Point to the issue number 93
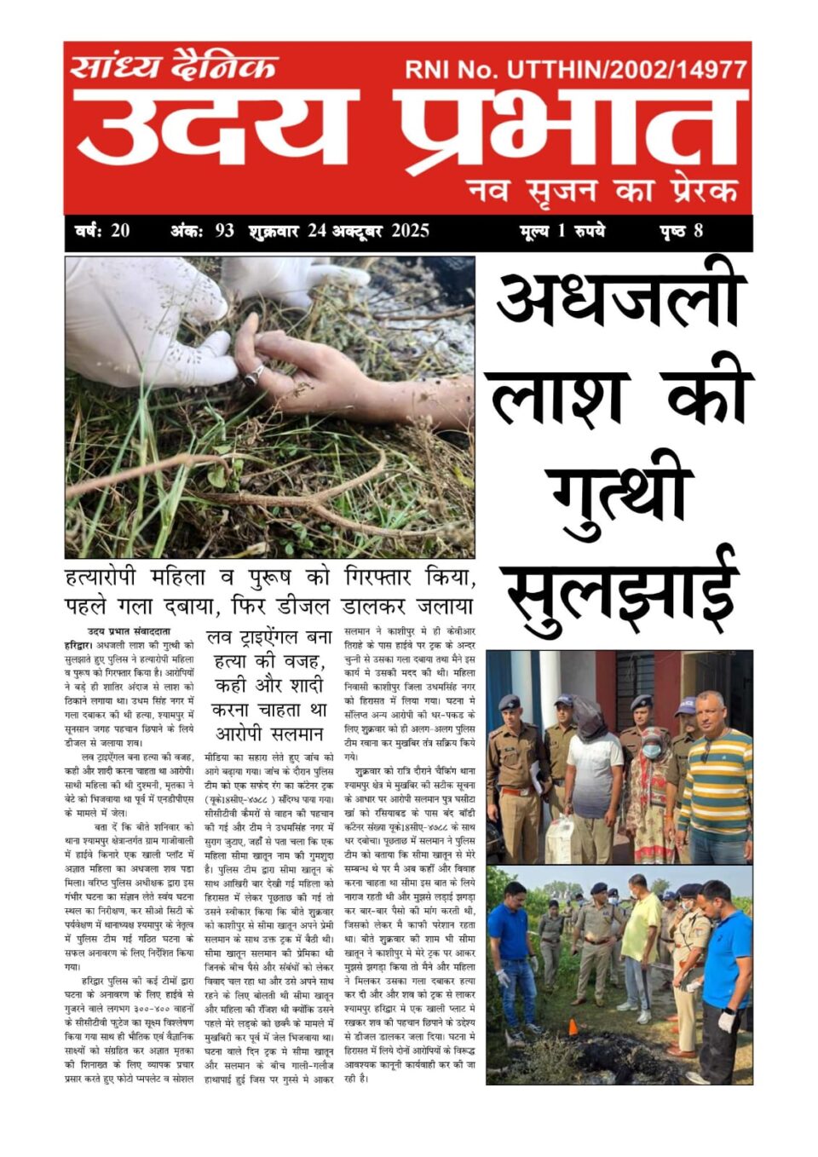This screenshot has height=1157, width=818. click(x=224, y=231)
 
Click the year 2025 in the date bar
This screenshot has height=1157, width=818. click(x=410, y=231)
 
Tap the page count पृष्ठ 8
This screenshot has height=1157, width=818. click(x=681, y=231)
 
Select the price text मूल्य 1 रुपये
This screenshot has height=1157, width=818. click(x=562, y=231)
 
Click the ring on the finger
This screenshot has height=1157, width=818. click(x=255, y=372)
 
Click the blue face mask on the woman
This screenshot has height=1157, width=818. click(x=651, y=751)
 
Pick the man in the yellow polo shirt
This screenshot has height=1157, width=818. click(x=639, y=937)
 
